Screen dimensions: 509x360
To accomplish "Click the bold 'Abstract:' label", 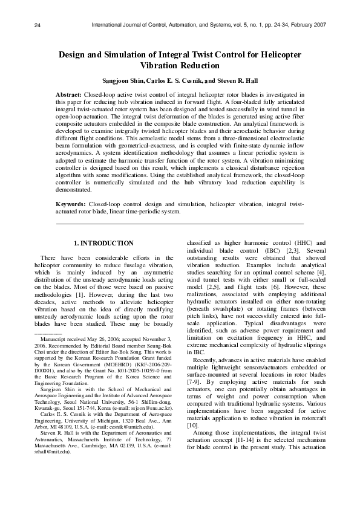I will pos(69,96).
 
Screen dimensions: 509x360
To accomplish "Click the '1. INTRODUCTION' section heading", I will pos(103,243).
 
